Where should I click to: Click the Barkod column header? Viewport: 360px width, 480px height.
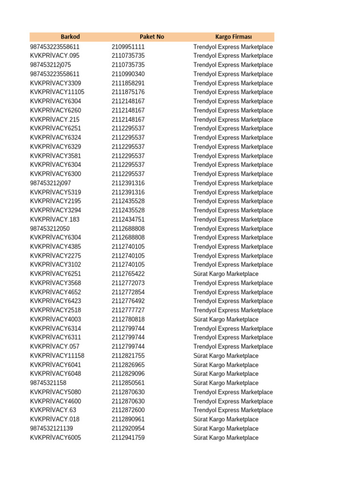tap(70, 37)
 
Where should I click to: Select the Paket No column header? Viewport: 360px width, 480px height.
tap(152, 37)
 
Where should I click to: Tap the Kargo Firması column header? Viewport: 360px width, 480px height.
tap(233, 37)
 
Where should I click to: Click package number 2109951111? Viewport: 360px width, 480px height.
tap(128, 47)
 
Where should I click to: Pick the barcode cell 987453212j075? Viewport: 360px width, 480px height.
tap(50, 65)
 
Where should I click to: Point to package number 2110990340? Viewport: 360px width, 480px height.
tap(128, 74)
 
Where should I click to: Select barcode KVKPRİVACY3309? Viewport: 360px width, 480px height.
tap(55, 83)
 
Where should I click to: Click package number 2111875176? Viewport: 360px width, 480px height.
tap(128, 92)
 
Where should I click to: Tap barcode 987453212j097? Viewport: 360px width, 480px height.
tap(50, 183)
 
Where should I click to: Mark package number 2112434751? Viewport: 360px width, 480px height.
tap(128, 220)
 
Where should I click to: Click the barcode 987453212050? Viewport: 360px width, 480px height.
tap(50, 229)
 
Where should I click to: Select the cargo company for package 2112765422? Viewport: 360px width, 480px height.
tap(225, 274)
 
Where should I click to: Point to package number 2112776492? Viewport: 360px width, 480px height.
tap(128, 301)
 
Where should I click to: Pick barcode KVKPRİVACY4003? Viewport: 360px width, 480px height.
tap(55, 320)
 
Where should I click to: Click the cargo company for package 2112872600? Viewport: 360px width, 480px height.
tap(233, 410)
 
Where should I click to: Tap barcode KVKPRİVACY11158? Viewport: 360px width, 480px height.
tap(57, 356)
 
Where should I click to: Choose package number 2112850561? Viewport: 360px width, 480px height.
tap(128, 383)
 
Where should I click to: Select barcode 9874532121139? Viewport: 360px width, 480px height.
tap(51, 428)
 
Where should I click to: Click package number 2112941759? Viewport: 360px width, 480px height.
tap(128, 438)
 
